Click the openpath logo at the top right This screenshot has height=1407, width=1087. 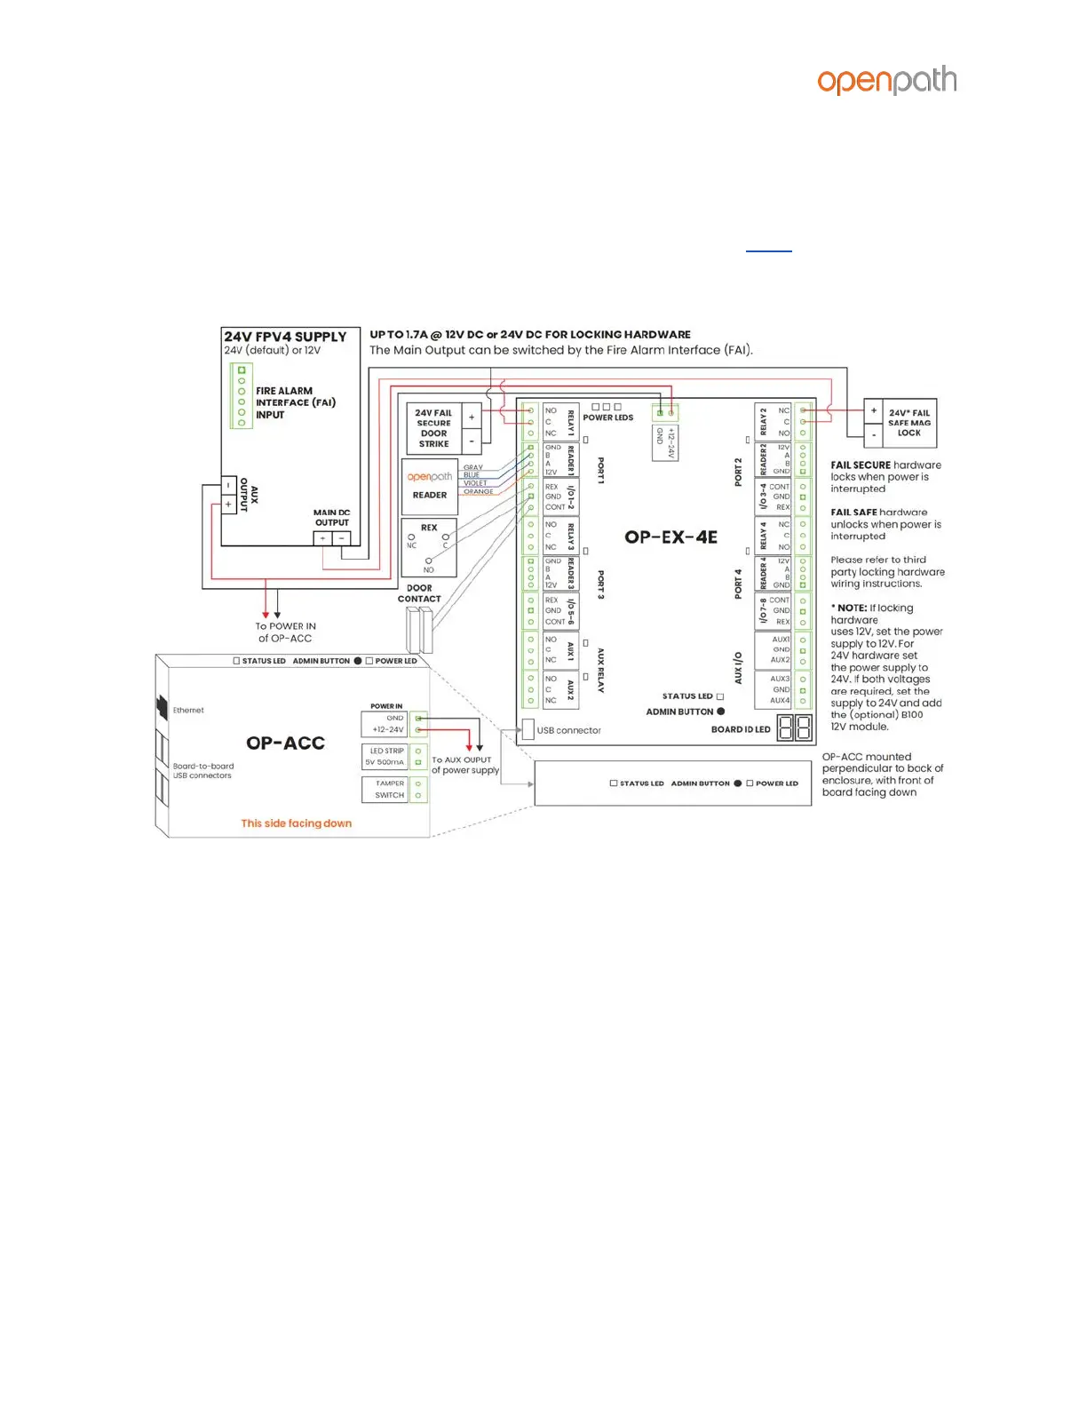(886, 81)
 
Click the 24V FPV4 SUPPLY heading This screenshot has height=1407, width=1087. (285, 337)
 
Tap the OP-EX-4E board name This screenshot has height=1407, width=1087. (670, 537)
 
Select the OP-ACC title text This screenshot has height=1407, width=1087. (285, 743)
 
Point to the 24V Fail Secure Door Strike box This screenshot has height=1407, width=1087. (433, 427)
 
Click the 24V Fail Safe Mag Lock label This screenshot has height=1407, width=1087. (908, 423)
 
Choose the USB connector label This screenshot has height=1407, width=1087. (568, 730)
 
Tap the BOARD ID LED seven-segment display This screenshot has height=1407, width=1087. (795, 728)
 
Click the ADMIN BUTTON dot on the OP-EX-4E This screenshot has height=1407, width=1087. (721, 711)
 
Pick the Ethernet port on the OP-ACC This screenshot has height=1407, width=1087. (163, 707)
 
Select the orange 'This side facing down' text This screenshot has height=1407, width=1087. (297, 823)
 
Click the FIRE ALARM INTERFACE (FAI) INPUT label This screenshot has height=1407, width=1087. (295, 402)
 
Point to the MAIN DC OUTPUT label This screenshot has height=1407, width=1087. (332, 518)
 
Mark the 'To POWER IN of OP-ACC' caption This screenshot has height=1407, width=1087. (285, 632)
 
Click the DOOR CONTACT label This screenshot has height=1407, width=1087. (419, 593)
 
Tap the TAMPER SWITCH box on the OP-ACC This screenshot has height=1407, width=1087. (389, 789)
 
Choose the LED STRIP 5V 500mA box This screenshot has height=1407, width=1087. (385, 756)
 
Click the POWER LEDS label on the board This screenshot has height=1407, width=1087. (607, 417)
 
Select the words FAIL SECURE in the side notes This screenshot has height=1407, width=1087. (860, 465)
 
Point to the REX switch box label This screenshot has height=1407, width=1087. (429, 528)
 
